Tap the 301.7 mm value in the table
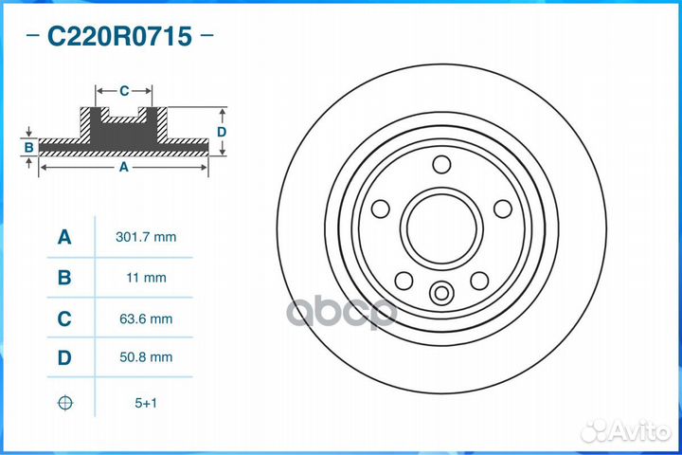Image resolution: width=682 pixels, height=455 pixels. (x=145, y=237)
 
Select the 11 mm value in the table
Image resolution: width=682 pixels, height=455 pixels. (x=145, y=278)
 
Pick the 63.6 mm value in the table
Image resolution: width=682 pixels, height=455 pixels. (x=145, y=319)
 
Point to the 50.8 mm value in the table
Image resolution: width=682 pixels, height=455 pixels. (x=145, y=357)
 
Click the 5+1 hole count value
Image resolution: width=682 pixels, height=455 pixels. (x=145, y=403)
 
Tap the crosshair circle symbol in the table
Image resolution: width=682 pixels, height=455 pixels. (x=64, y=403)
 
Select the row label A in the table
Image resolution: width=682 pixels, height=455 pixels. (x=64, y=237)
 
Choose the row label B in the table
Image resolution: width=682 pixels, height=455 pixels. (x=64, y=278)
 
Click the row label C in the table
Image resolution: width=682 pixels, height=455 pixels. (x=64, y=319)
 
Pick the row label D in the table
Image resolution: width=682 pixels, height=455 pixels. (x=64, y=358)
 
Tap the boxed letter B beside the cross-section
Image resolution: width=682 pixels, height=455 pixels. (x=29, y=147)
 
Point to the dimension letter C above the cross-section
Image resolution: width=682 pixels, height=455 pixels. (x=124, y=91)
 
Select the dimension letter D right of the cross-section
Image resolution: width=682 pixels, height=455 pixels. (x=221, y=132)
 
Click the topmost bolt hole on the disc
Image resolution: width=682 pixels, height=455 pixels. (x=440, y=165)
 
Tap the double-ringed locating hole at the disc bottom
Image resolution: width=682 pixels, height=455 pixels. (x=440, y=293)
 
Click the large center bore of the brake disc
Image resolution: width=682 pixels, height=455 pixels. (x=440, y=228)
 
